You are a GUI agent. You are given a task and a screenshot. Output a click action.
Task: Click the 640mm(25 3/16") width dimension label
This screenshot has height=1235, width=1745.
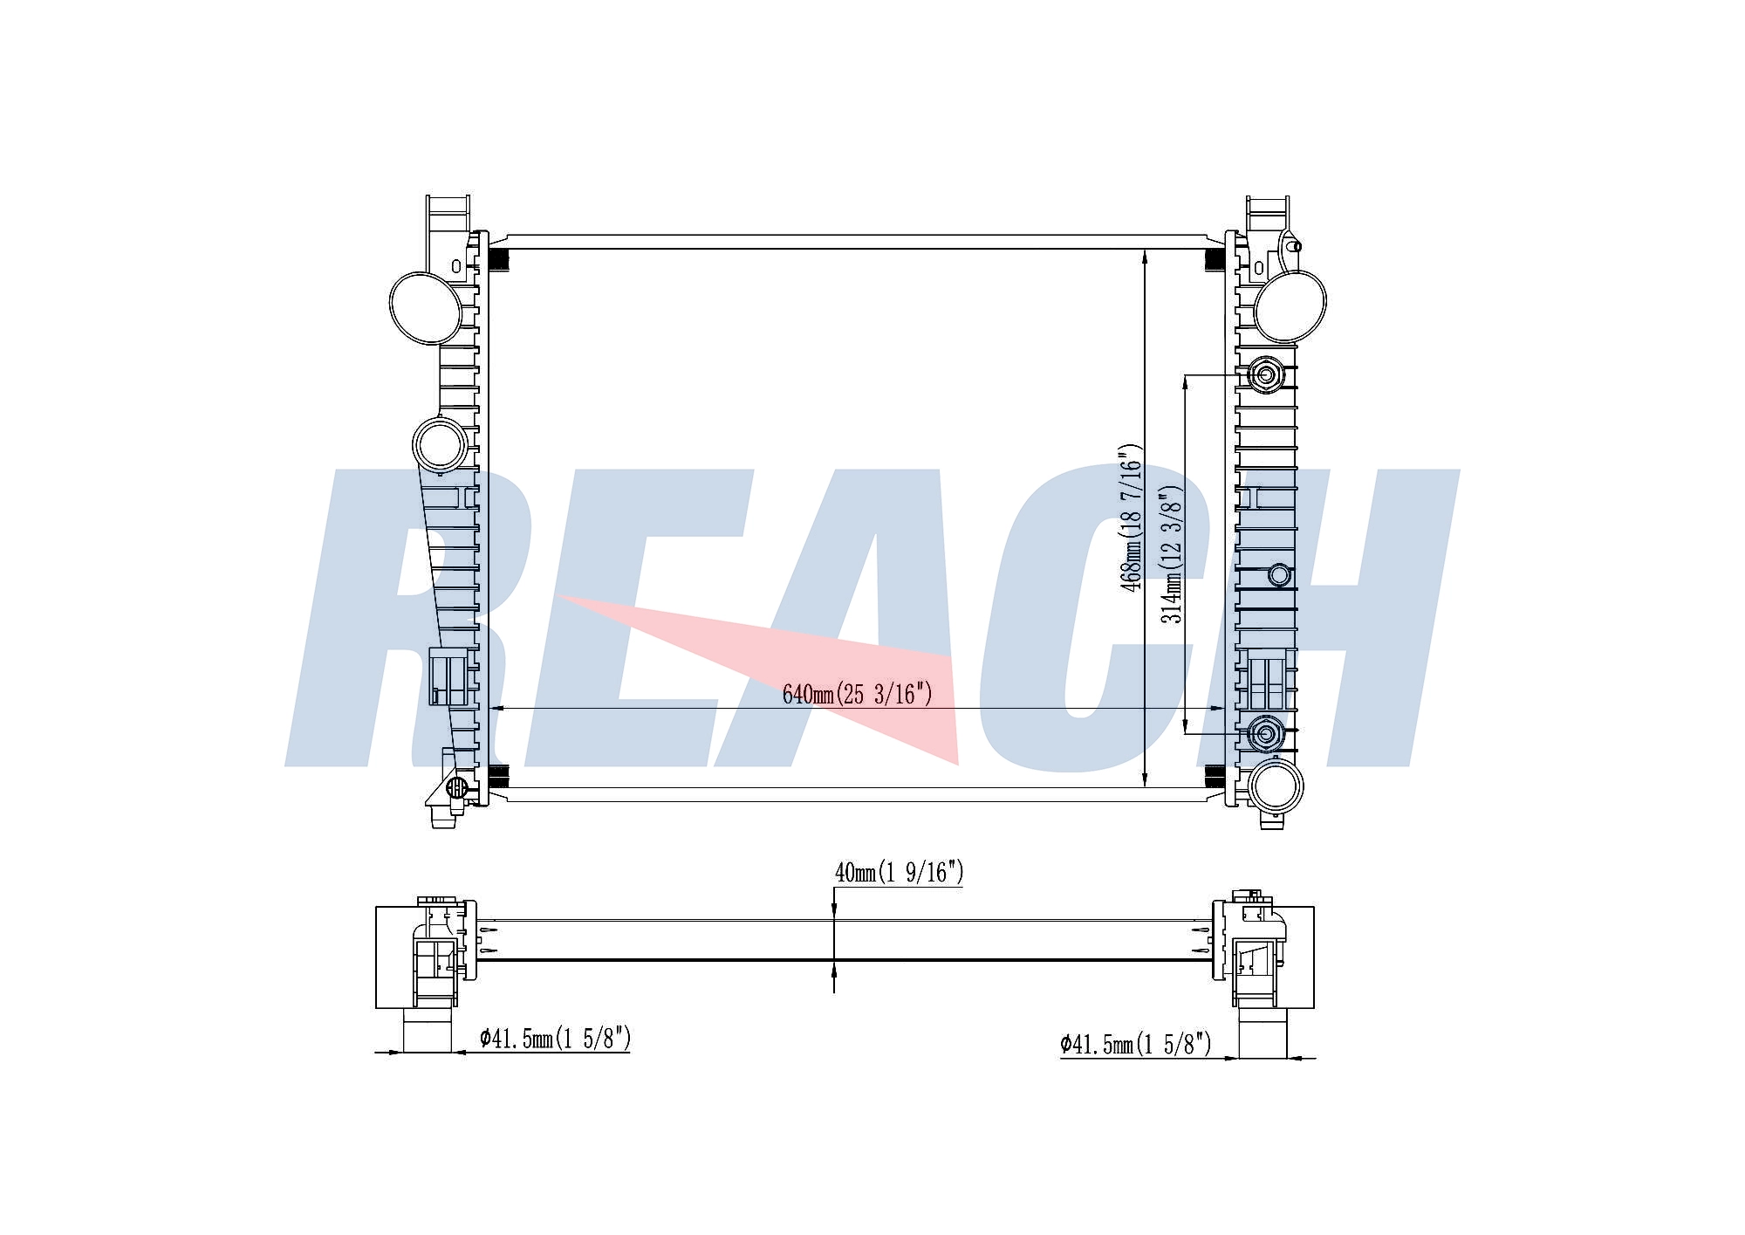857,695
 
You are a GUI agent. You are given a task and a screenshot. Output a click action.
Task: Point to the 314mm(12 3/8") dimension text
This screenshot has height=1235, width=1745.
1171,554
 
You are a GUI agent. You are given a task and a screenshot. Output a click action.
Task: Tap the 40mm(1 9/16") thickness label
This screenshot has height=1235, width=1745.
899,872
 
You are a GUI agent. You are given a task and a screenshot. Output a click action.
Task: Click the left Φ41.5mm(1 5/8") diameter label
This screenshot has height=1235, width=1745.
555,1038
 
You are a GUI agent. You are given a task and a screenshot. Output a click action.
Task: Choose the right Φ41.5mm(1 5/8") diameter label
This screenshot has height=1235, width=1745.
1136,1044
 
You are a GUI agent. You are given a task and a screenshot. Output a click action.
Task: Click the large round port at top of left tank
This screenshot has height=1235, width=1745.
426,307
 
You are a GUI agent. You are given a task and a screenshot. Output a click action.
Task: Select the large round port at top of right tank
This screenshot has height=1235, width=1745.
1289,305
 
